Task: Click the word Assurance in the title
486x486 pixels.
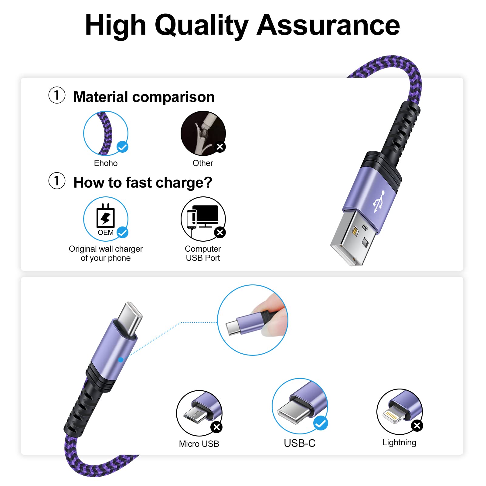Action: coord(328,25)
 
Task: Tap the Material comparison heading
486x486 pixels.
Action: coord(144,97)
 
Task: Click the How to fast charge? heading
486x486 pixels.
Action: coord(143,183)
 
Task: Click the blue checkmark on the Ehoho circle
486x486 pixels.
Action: coord(122,147)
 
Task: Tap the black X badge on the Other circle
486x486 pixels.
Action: coord(220,147)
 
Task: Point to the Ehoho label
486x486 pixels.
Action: coord(106,163)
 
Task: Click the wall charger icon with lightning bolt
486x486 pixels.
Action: coord(105,216)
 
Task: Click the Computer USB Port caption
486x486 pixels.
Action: coord(203,253)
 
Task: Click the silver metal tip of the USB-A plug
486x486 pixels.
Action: coord(352,240)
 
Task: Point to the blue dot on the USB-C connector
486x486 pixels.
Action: coord(121,360)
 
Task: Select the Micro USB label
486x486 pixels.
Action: coord(199,444)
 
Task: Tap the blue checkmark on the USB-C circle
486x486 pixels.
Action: coord(321,423)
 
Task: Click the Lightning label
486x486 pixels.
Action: coord(399,443)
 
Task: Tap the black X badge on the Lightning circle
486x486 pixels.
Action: coord(417,426)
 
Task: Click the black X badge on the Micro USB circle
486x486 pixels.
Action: coord(217,427)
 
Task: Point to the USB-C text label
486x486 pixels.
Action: coord(300,443)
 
